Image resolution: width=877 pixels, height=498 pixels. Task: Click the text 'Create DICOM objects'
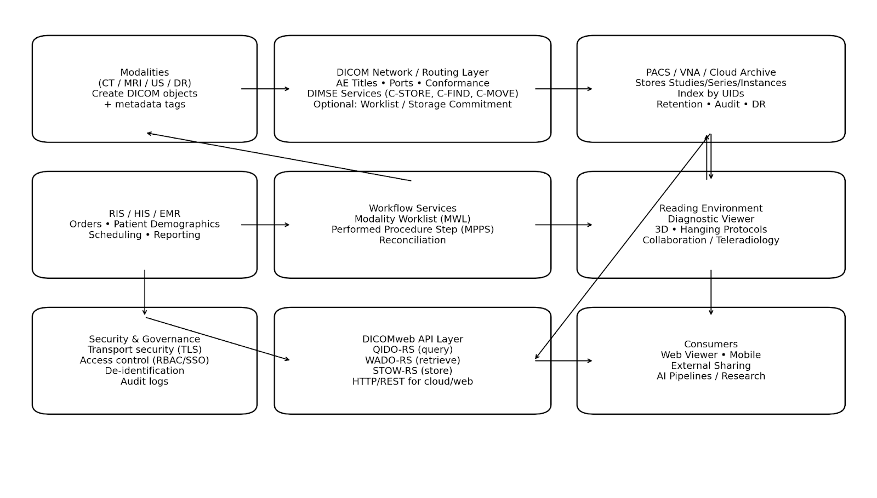tap(145, 94)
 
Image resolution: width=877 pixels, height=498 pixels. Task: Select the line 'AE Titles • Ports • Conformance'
tap(413, 83)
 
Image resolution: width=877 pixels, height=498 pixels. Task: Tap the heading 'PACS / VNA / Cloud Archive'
tap(711, 72)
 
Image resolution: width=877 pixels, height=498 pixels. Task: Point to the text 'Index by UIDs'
tap(711, 94)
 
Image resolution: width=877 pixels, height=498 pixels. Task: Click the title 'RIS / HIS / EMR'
tap(145, 214)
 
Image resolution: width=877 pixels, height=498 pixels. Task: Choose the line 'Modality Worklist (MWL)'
tap(413, 219)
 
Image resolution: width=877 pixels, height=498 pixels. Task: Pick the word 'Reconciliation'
tap(413, 240)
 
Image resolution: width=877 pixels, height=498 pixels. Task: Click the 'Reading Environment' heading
tap(711, 208)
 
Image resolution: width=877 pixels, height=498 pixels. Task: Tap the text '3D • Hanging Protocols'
tap(711, 230)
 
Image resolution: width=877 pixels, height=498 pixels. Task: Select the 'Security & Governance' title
tap(145, 339)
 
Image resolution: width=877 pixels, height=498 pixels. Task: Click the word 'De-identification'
tap(145, 370)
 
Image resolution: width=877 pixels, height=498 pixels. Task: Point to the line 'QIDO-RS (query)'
tap(413, 350)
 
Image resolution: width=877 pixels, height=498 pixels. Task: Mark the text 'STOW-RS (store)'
tap(413, 370)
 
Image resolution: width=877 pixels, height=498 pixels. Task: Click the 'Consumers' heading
tap(711, 344)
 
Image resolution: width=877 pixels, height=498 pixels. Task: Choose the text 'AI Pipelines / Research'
tap(711, 376)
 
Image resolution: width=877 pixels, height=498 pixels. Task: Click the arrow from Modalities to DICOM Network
tap(265, 89)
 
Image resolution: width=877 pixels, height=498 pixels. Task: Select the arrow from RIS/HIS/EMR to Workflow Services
tap(265, 225)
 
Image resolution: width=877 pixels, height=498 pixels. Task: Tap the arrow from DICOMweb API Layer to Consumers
tap(563, 360)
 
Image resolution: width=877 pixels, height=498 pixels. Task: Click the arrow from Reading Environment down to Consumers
tap(711, 293)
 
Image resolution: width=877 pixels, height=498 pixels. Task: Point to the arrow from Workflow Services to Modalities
tap(279, 157)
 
